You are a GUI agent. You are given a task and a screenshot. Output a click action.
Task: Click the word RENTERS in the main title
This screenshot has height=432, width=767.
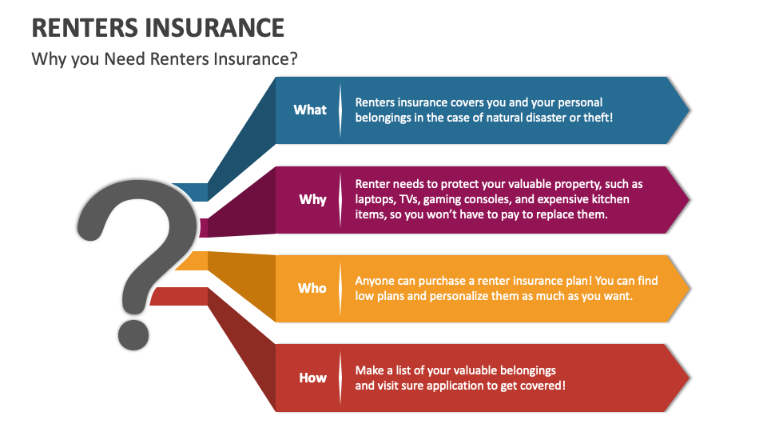[84, 28]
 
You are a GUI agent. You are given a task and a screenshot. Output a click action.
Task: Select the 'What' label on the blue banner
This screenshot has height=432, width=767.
[310, 110]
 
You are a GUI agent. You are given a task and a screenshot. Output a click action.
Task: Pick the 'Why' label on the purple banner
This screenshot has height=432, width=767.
[312, 199]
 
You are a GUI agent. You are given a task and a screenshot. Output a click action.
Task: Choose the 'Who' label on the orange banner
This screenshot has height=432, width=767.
[312, 288]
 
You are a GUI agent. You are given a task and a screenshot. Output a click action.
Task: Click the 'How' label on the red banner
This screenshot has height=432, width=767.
[312, 378]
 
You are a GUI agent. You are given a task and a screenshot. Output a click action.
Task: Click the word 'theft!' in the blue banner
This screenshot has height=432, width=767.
[595, 118]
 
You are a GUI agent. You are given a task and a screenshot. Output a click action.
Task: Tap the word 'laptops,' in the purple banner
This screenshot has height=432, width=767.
[380, 199]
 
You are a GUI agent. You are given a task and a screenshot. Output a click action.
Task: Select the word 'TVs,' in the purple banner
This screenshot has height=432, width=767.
[422, 199]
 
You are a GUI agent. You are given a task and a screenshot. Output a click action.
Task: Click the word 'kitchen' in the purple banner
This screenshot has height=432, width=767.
[608, 199]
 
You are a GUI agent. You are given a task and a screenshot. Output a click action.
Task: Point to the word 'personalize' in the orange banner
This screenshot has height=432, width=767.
[449, 296]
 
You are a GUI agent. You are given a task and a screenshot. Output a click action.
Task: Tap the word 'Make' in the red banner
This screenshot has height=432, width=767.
[370, 370]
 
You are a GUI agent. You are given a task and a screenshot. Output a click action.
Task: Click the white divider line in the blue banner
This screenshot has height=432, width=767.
[341, 110]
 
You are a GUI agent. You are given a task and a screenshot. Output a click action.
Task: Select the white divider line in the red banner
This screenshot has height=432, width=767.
[341, 378]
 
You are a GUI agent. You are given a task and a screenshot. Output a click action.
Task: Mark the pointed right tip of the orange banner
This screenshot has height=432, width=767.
[689, 289]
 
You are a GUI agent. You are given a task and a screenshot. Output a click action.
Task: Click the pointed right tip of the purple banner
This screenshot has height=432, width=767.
[689, 199]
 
